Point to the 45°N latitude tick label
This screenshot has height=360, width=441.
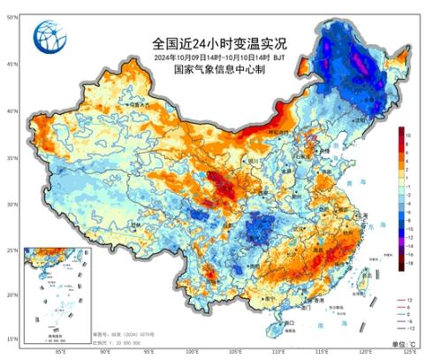pyautogui.click(x=11, y=64)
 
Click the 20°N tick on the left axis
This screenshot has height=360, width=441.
pyautogui.click(x=11, y=295)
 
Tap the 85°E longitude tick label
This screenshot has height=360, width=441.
pyautogui.click(x=60, y=351)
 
